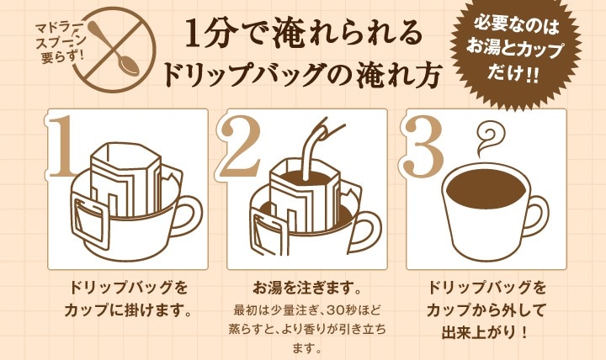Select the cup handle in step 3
[x=545, y=210]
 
